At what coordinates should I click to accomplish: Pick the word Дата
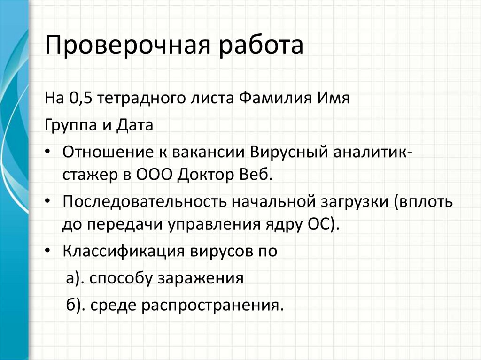(x=132, y=126)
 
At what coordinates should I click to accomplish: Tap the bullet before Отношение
(x=50, y=153)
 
